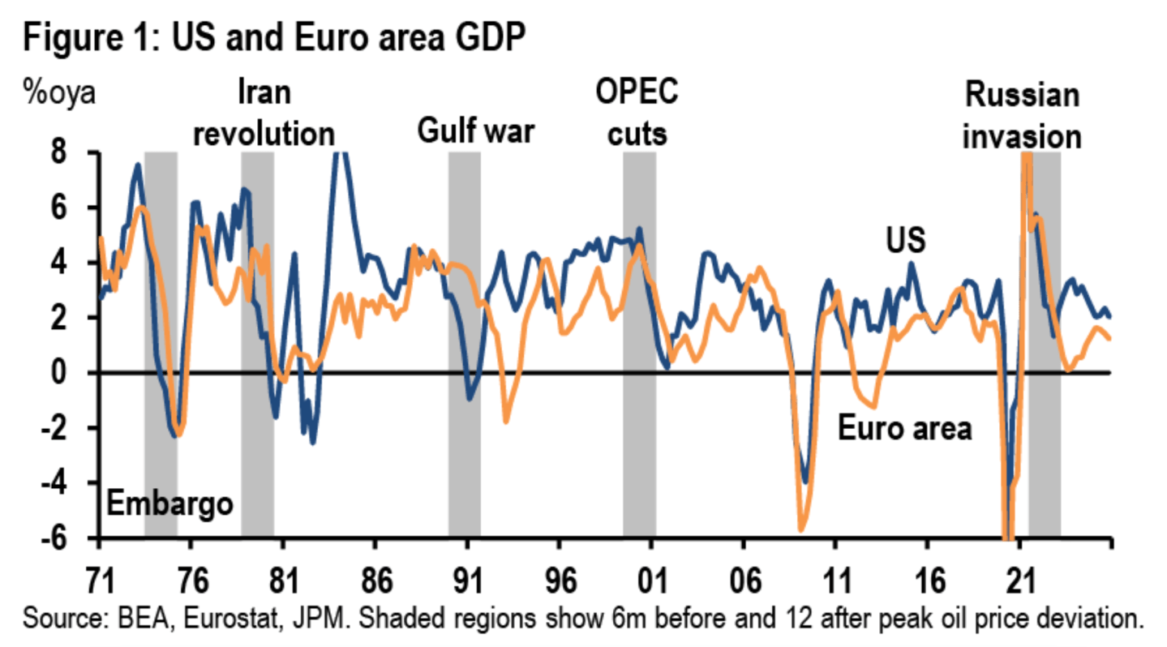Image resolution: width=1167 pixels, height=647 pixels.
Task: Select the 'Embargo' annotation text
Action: pos(169,503)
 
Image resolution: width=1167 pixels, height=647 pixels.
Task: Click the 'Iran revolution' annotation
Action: pos(264,114)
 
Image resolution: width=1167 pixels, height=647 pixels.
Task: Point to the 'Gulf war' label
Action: pos(476,131)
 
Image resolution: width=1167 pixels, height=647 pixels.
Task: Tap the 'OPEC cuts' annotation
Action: pos(637,114)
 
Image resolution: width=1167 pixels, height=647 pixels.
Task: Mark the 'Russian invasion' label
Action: pos(1022,116)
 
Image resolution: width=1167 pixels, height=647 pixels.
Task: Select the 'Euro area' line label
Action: pos(903,428)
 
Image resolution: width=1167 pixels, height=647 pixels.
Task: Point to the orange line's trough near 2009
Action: pos(801,529)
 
